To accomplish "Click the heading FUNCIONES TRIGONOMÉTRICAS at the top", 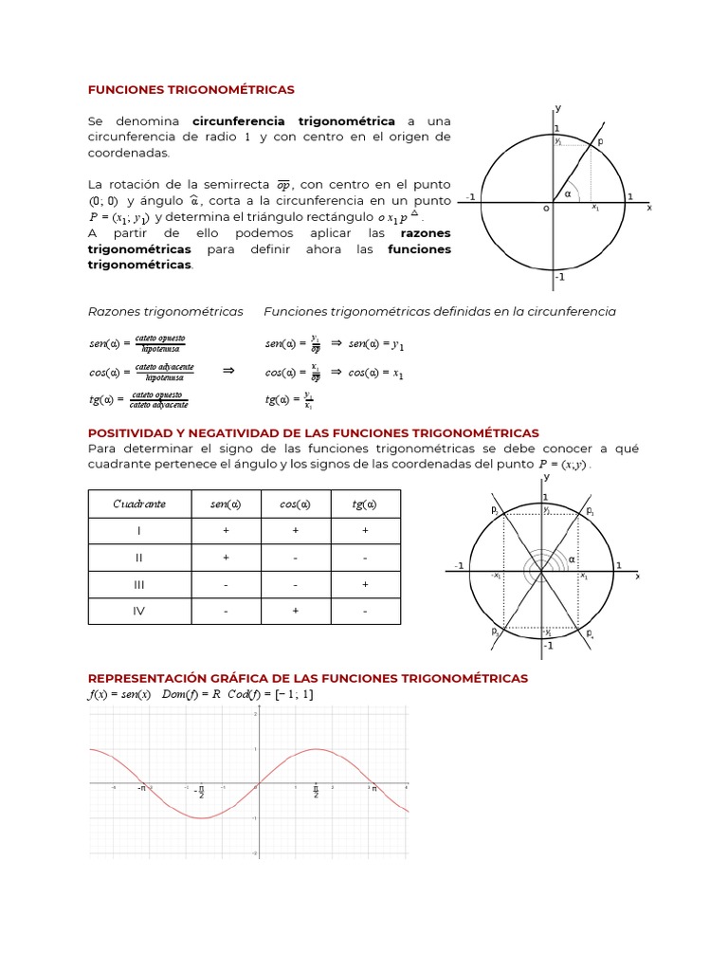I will [191, 89].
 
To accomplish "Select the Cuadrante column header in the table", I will [139, 504].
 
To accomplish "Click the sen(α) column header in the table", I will [226, 504].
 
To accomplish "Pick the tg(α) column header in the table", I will [365, 504].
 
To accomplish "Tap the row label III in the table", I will [139, 585].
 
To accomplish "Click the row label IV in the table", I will [139, 612].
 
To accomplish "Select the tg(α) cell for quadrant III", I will [365, 585].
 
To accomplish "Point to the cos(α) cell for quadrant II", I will [296, 558].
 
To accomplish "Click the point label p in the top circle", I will [599, 140].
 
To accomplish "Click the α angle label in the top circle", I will [568, 193].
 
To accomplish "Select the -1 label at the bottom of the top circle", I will [559, 277].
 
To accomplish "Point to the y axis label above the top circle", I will [557, 107].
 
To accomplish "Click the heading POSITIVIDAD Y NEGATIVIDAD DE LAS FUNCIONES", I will [313, 432].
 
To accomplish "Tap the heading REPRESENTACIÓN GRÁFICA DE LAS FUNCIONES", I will [307, 679].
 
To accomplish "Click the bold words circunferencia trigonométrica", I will [294, 121].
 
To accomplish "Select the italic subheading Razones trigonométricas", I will [165, 311].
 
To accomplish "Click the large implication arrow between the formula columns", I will [227, 371].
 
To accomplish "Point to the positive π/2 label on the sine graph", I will [316, 791].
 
